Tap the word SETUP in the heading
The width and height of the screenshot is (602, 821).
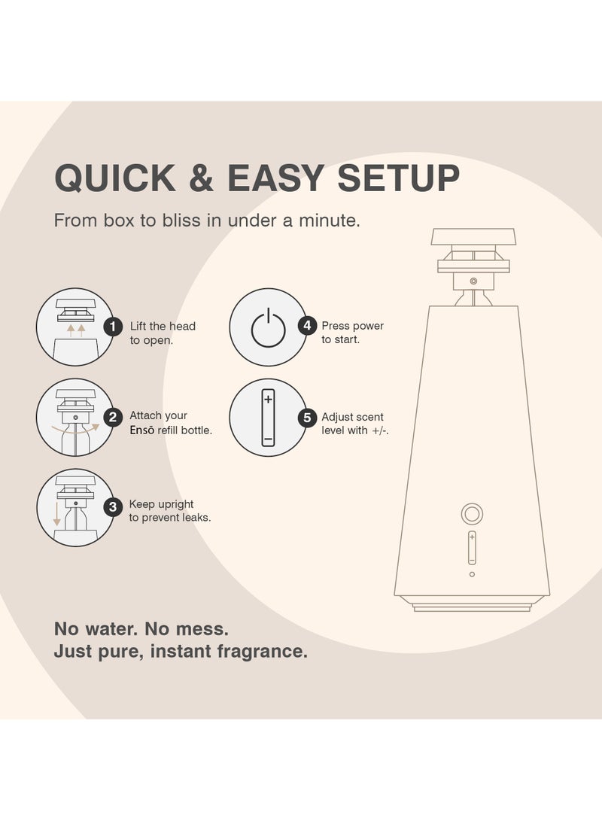(x=398, y=178)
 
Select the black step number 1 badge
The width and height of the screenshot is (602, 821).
(x=113, y=327)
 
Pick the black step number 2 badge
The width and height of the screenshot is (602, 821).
(x=113, y=416)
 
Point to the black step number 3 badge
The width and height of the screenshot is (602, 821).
(x=113, y=506)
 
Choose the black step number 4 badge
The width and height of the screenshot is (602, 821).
(x=306, y=326)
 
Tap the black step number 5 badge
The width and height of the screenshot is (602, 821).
(x=306, y=418)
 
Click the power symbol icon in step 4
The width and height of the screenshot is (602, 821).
(x=267, y=328)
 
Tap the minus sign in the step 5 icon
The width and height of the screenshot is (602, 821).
(x=267, y=439)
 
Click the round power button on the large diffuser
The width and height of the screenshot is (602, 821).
(x=472, y=514)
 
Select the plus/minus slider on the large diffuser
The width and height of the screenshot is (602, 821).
(x=472, y=547)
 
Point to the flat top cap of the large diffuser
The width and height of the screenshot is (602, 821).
(x=473, y=237)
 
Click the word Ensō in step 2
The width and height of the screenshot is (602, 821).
(x=143, y=430)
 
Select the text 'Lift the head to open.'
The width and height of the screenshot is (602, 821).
(x=162, y=333)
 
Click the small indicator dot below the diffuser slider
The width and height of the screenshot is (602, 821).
(x=472, y=574)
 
